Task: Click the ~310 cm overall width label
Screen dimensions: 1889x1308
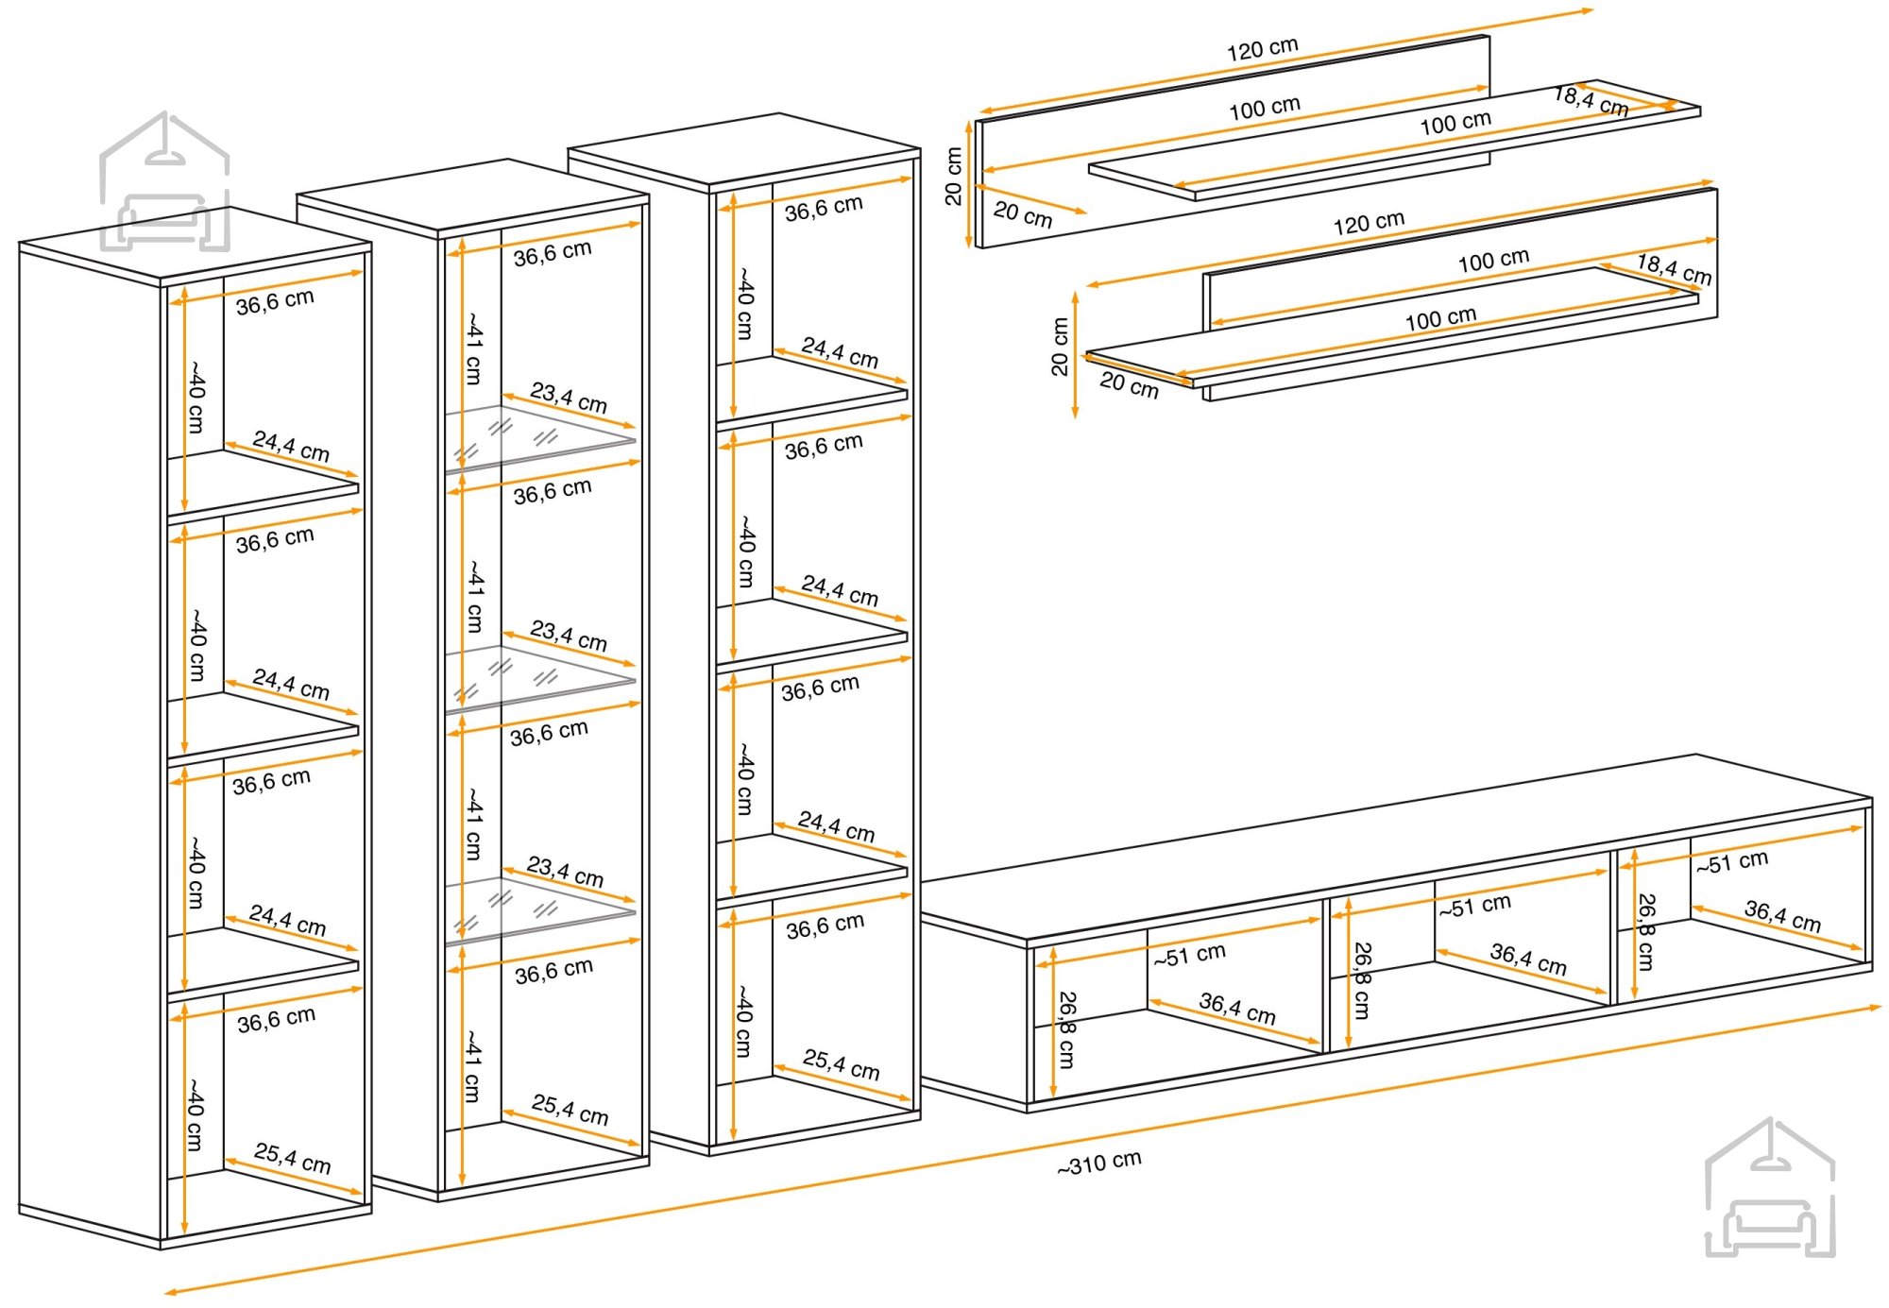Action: [1099, 1163]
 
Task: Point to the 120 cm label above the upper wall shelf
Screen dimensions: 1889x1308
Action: [1263, 49]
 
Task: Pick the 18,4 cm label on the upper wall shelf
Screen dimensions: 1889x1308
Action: [1591, 101]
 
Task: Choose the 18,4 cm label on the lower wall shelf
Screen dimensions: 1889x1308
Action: [1674, 269]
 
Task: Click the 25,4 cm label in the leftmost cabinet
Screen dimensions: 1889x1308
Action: [292, 1158]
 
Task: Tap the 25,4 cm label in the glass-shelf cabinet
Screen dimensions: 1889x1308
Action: [570, 1109]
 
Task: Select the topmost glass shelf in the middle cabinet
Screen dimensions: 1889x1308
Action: [540, 438]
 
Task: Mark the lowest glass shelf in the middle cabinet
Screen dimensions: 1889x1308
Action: [540, 910]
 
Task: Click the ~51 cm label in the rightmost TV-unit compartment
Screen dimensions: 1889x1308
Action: [1731, 861]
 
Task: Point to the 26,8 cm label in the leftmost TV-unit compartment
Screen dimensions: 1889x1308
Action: [1066, 1029]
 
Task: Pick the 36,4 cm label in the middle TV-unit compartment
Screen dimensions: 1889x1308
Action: [1528, 960]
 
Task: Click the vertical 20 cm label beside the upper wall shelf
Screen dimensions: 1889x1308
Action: [953, 177]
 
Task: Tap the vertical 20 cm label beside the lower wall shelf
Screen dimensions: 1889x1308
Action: [1059, 347]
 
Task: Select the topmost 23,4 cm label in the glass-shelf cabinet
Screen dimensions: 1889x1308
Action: [569, 397]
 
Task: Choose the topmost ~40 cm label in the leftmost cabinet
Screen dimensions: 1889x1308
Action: [196, 396]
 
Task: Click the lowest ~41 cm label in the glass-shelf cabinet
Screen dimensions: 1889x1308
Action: [473, 1066]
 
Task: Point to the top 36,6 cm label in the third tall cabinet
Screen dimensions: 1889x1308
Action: [824, 208]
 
